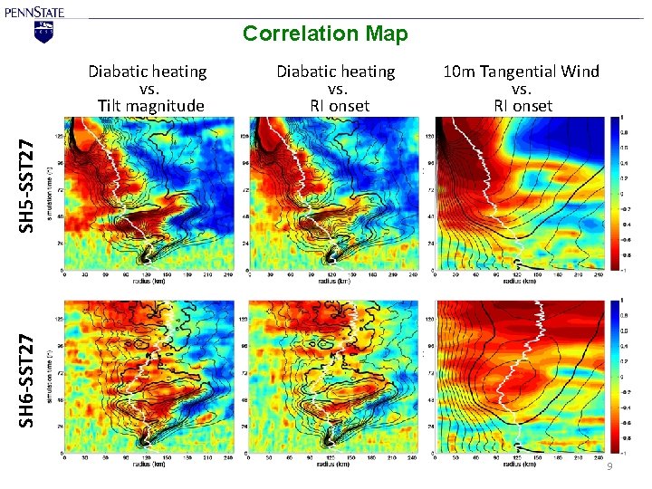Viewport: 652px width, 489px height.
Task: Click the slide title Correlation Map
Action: click(325, 34)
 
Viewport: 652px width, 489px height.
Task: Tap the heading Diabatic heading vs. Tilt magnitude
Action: click(147, 88)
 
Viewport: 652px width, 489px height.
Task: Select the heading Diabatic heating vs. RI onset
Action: click(336, 88)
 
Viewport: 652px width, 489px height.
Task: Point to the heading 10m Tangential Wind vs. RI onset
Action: click(521, 88)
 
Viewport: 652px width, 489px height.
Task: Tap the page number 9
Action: click(609, 465)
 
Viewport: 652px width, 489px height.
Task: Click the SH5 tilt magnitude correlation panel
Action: click(147, 193)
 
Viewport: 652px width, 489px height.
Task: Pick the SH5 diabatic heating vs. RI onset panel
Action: click(331, 193)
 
